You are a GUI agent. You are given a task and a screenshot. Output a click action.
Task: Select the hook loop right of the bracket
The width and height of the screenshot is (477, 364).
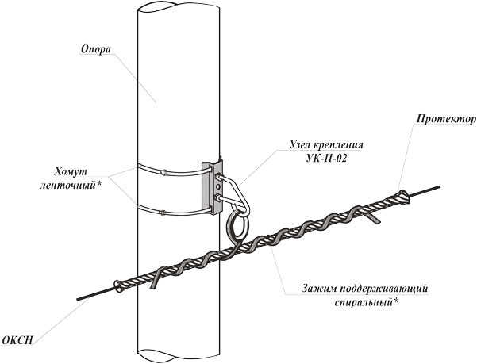pyautogui.click(x=240, y=193)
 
